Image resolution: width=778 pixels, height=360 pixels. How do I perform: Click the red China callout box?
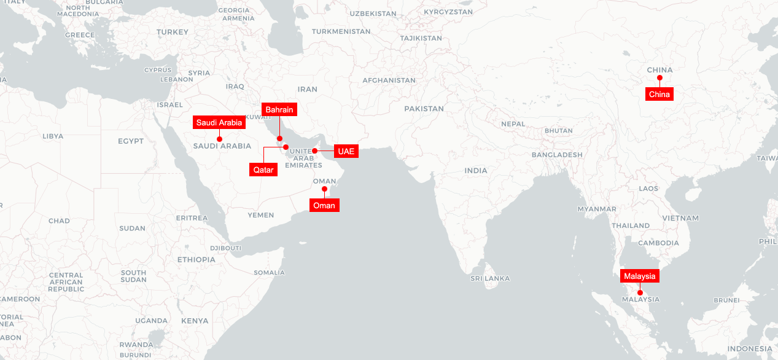(659, 94)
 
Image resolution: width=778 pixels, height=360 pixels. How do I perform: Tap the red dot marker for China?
(659, 78)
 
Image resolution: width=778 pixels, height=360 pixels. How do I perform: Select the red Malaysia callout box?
(640, 276)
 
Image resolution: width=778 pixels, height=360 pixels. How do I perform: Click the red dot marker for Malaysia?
(640, 292)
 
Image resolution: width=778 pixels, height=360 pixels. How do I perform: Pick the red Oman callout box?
(324, 205)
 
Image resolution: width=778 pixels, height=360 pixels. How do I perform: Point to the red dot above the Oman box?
(324, 189)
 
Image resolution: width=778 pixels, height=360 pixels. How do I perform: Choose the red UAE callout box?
(346, 151)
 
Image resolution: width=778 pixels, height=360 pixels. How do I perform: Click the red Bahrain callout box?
(279, 110)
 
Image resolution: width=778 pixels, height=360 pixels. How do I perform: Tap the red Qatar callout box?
(263, 170)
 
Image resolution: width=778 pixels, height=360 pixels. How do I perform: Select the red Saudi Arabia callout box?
(219, 123)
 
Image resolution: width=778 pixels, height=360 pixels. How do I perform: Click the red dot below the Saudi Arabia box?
(219, 139)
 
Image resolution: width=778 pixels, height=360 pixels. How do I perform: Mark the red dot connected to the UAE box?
(314, 151)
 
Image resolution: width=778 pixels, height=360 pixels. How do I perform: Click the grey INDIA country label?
(476, 171)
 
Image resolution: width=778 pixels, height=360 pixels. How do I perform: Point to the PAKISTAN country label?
(424, 109)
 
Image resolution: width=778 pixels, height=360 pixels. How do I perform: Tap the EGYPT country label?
(131, 141)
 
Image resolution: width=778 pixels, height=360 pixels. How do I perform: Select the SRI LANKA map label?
(490, 278)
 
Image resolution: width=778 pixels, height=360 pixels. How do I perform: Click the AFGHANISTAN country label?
(389, 80)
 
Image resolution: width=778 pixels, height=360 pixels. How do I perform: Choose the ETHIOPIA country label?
(196, 260)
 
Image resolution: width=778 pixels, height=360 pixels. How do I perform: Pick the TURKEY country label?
(172, 32)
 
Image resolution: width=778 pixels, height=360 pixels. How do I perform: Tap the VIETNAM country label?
(680, 218)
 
